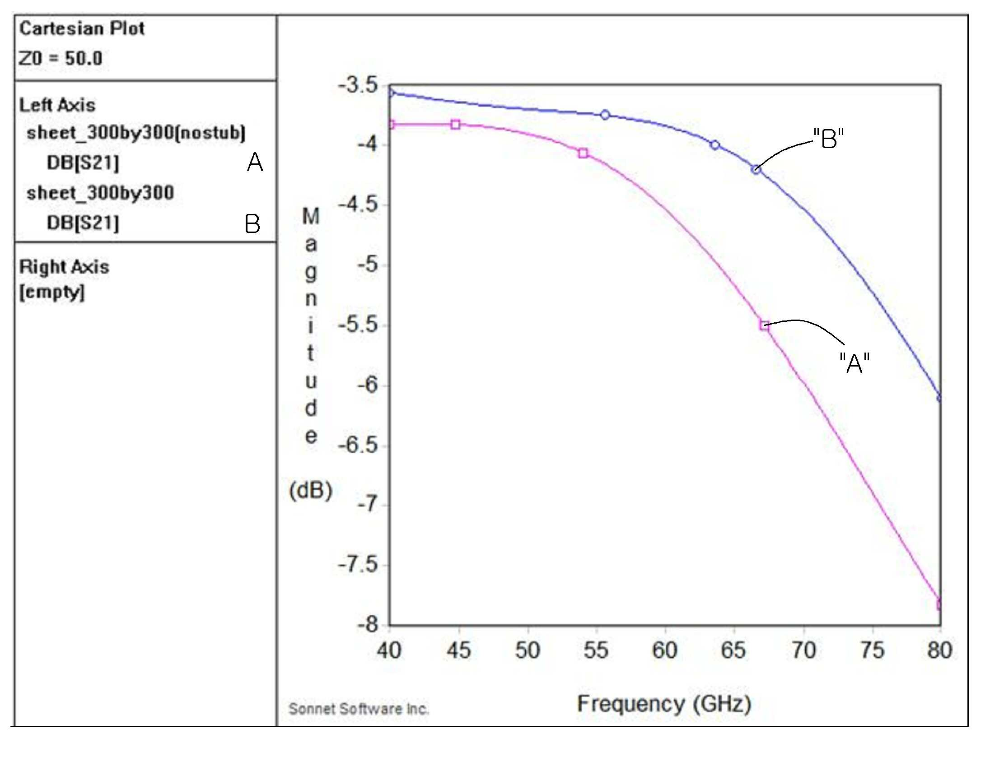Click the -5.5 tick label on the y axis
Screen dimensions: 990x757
[358, 325]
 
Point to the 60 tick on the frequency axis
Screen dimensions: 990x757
[665, 650]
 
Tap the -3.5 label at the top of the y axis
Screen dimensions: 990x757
[358, 85]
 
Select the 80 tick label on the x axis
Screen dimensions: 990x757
[940, 650]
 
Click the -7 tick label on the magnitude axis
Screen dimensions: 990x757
[368, 504]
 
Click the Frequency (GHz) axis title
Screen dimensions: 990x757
[664, 704]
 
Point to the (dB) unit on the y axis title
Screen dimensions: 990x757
[311, 490]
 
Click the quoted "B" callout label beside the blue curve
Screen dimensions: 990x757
[828, 138]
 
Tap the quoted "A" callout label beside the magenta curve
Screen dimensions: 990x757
[855, 362]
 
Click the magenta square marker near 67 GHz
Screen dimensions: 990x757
[764, 325]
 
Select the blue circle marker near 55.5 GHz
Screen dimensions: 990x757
[605, 115]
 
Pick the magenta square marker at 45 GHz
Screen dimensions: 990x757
[456, 124]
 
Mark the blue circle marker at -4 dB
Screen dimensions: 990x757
[714, 145]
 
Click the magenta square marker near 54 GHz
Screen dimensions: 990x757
[583, 153]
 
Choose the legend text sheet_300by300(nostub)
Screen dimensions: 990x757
[136, 133]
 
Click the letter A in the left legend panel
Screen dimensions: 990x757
[255, 162]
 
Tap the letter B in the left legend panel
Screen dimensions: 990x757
[252, 223]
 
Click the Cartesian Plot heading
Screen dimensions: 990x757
[82, 28]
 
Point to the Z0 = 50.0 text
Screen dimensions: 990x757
[61, 58]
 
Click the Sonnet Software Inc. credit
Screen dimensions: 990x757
[359, 709]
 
